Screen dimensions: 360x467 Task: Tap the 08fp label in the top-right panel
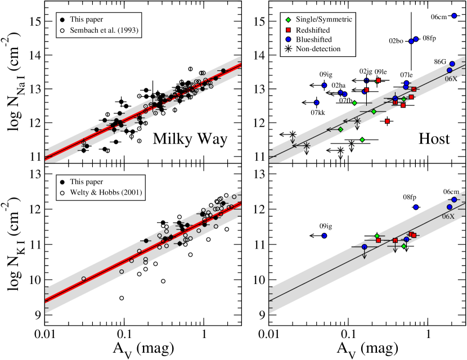pos(429,38)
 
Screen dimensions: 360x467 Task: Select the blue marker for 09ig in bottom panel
pos(324,236)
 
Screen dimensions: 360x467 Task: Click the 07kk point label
pos(317,112)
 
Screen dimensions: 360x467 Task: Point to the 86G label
pos(439,61)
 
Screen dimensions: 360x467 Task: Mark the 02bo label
pos(396,41)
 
